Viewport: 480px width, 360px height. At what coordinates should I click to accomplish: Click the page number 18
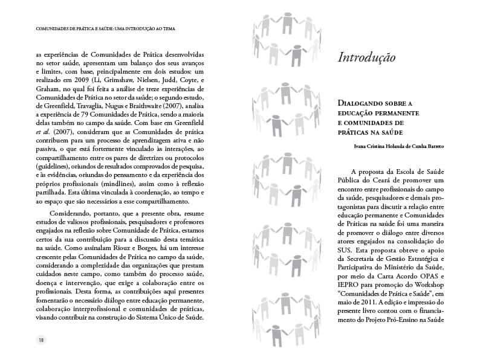(42, 339)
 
